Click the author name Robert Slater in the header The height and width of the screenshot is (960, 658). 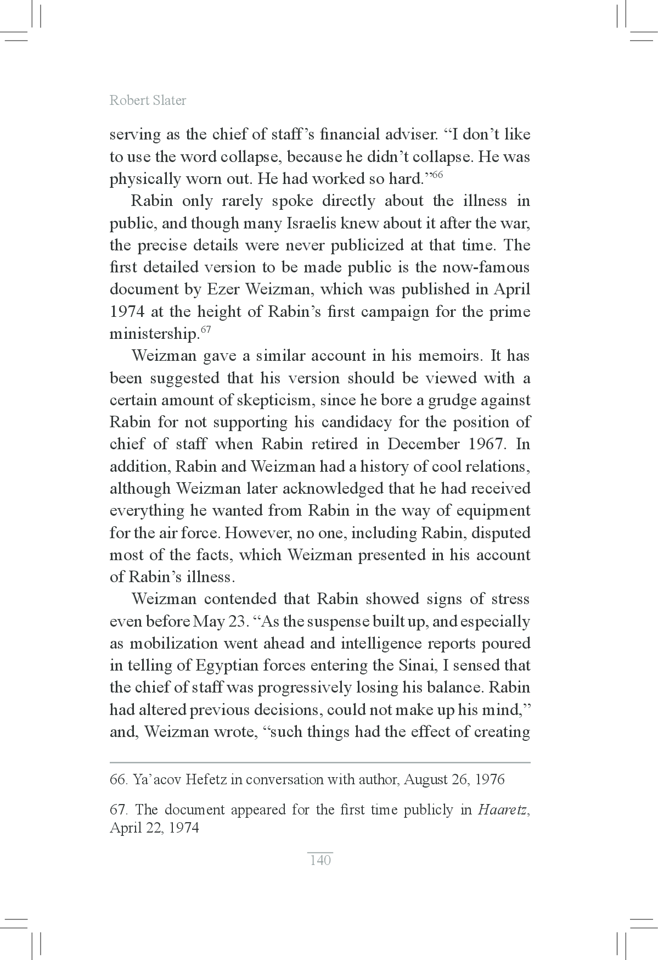(x=148, y=100)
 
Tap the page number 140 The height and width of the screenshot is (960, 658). (x=320, y=860)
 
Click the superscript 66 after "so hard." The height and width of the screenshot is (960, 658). (x=437, y=175)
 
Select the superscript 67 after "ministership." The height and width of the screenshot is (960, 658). (x=205, y=330)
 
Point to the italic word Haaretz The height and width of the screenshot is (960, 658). (x=502, y=810)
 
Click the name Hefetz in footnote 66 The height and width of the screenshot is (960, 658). (x=206, y=779)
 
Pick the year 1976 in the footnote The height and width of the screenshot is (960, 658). (x=490, y=779)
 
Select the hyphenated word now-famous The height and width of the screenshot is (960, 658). (x=484, y=267)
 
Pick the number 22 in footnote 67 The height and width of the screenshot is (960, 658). (x=154, y=828)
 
